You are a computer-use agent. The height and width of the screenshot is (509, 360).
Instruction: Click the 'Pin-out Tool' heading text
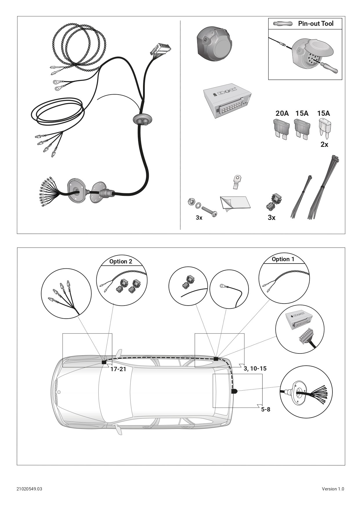coord(316,24)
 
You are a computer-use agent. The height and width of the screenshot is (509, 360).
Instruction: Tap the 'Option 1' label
coord(283,259)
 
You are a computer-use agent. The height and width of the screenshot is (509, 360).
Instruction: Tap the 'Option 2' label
coord(121,261)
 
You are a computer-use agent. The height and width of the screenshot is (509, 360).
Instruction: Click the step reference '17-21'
coord(118,369)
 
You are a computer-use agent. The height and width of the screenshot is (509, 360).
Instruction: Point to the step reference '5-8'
coord(266,409)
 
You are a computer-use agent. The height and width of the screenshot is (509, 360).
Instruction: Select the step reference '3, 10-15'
coord(255,369)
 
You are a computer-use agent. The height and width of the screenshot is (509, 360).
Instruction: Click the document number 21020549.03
coord(29,489)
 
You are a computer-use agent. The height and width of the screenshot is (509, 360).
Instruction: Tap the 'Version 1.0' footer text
coord(333,489)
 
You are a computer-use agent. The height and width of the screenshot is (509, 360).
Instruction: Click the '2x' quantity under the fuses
coord(324,144)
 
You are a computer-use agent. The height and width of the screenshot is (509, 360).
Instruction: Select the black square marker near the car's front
coord(104,362)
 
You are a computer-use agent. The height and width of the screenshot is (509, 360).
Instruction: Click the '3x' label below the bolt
coord(199,218)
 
